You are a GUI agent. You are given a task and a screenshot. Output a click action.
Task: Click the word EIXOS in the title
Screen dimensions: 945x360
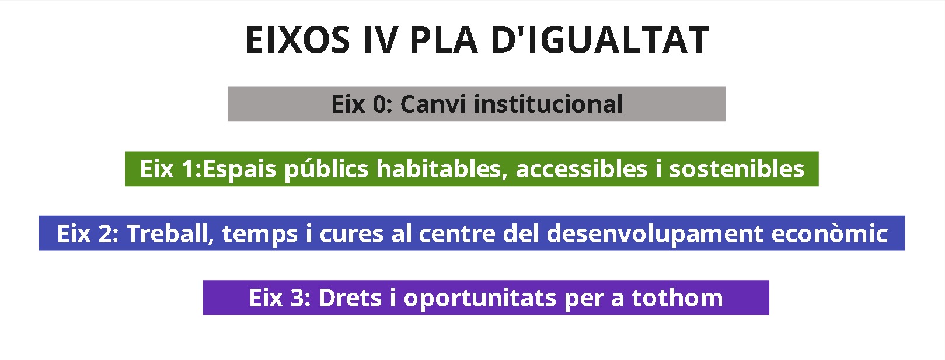(298, 40)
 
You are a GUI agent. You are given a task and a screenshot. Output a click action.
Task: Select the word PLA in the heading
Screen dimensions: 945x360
(444, 40)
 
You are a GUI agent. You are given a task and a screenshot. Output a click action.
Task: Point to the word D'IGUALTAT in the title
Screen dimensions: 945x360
(600, 40)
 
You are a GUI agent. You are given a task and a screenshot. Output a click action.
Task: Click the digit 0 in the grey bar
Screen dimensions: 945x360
(379, 104)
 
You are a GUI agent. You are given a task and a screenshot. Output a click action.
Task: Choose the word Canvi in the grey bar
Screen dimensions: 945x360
(433, 104)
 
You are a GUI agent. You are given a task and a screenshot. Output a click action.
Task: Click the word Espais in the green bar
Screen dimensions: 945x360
(239, 170)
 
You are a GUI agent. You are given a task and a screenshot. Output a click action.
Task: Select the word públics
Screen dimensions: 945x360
(326, 170)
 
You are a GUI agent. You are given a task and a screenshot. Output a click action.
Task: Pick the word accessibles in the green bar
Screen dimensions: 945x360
(581, 169)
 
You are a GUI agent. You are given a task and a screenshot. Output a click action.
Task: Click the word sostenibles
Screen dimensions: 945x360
(737, 169)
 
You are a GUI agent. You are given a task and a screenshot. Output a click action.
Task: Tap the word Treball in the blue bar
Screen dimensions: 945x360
(170, 234)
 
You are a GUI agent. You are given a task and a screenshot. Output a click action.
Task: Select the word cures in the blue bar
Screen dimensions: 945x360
(351, 235)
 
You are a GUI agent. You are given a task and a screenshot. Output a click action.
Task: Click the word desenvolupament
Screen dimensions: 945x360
(655, 235)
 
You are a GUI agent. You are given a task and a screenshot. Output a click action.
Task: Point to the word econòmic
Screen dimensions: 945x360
(829, 233)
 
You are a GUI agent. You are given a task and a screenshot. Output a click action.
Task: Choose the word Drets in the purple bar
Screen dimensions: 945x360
(350, 298)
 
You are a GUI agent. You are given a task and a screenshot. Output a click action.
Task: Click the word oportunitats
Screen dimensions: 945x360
(480, 299)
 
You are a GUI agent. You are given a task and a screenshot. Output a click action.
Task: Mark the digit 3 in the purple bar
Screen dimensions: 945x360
(297, 298)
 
